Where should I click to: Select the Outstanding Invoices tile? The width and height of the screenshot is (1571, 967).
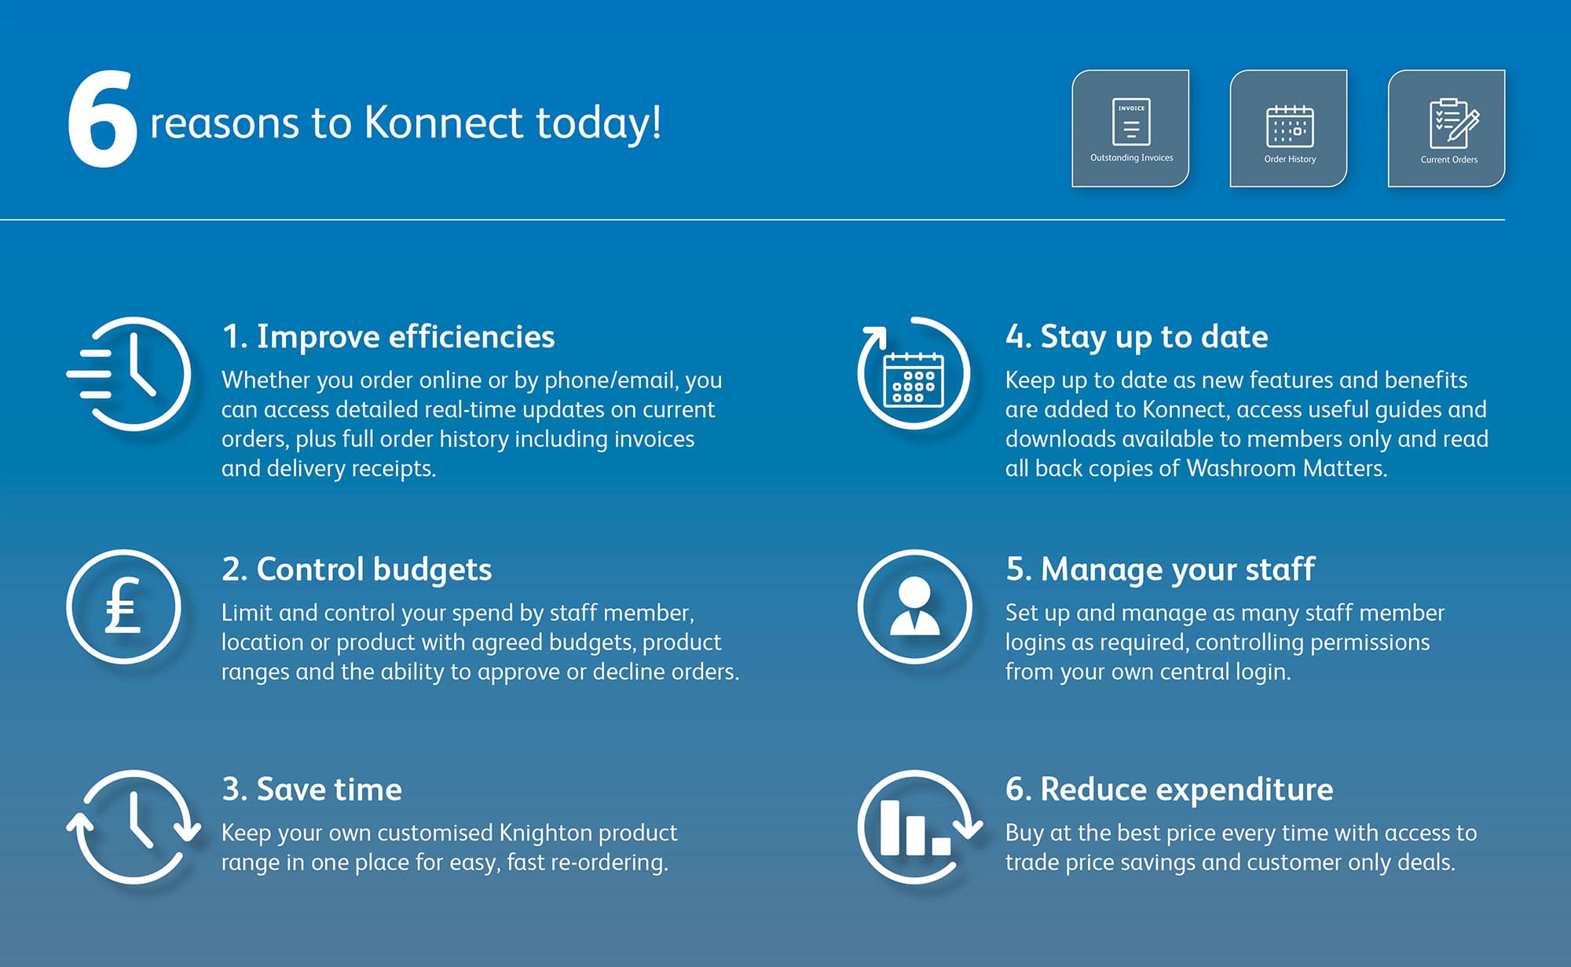point(1130,128)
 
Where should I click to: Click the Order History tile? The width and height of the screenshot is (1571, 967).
point(1288,128)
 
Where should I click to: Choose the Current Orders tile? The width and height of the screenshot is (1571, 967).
point(1447,128)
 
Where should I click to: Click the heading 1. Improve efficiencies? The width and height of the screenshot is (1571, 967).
point(388,336)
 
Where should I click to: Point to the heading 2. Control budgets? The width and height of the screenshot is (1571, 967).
point(357,569)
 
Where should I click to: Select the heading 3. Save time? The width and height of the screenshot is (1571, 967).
point(312,789)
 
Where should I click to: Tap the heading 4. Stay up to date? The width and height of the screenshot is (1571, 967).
point(1137,336)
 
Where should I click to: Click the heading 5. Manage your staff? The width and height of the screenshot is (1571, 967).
point(1160,569)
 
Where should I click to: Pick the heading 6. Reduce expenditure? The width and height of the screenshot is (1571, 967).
point(1170,789)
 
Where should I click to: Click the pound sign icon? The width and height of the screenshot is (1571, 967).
point(123,606)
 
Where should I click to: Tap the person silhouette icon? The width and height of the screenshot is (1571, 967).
point(914,606)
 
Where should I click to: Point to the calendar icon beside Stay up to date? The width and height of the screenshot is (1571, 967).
point(914,379)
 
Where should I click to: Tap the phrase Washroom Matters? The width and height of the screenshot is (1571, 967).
point(1287,468)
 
